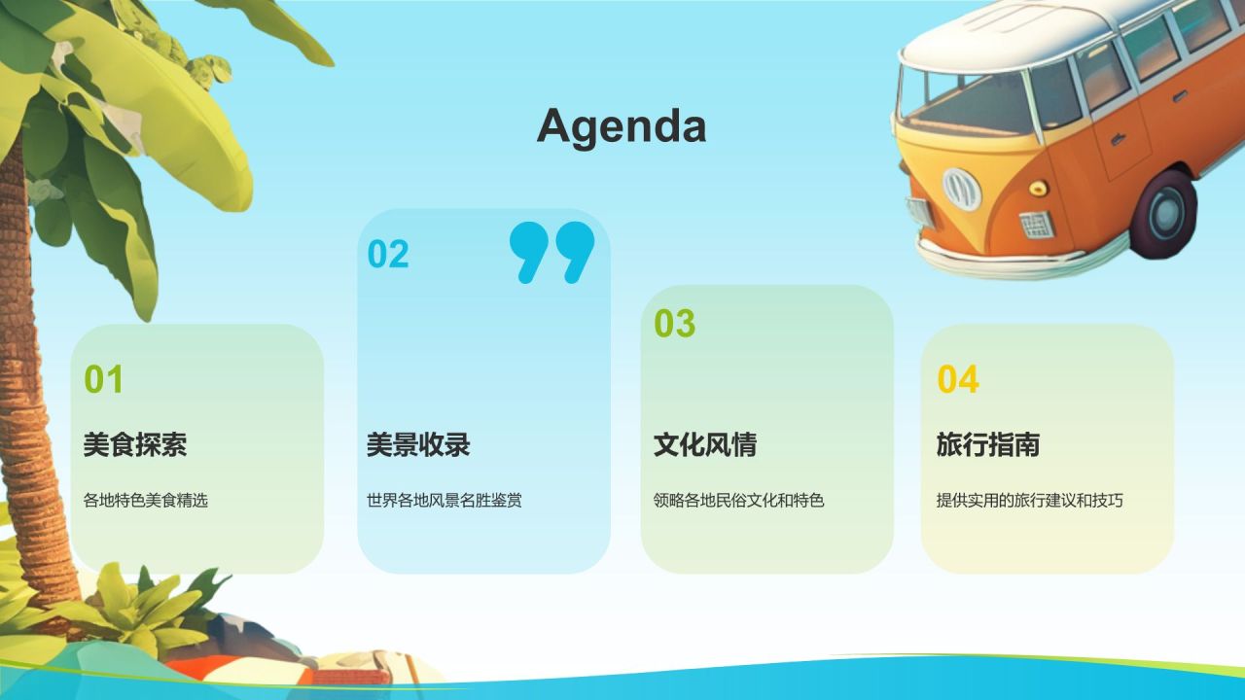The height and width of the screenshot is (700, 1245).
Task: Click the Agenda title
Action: coord(622,126)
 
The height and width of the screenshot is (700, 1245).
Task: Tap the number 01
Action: coord(103,379)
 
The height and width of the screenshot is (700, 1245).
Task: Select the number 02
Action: coord(388,254)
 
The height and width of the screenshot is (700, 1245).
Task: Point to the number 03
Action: coord(674,323)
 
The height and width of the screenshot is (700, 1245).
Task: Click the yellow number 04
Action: coord(958,379)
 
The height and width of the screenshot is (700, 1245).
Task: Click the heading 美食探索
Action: coord(135,444)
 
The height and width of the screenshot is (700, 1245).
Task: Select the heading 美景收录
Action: coord(418,444)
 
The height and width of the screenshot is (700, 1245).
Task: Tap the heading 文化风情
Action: coord(705,444)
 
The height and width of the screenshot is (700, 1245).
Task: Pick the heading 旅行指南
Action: coord(987,444)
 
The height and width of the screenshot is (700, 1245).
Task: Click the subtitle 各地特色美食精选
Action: coord(146,500)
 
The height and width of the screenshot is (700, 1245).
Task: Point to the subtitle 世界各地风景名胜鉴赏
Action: coord(445,500)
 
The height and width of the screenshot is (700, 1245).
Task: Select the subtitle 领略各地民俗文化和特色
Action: coord(738,500)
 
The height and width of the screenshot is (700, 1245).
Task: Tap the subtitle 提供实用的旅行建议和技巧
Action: coord(1029,500)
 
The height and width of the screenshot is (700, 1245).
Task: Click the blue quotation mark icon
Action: coord(551,252)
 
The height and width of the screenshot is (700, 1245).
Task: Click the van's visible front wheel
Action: coord(1162,214)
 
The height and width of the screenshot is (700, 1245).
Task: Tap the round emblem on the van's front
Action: coord(962,190)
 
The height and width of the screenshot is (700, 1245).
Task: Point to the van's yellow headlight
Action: coord(1038,188)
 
